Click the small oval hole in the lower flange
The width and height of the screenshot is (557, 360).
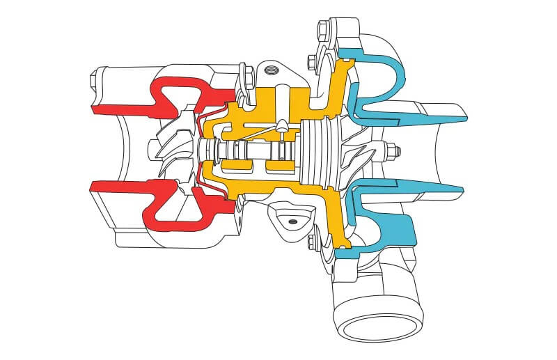292,221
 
